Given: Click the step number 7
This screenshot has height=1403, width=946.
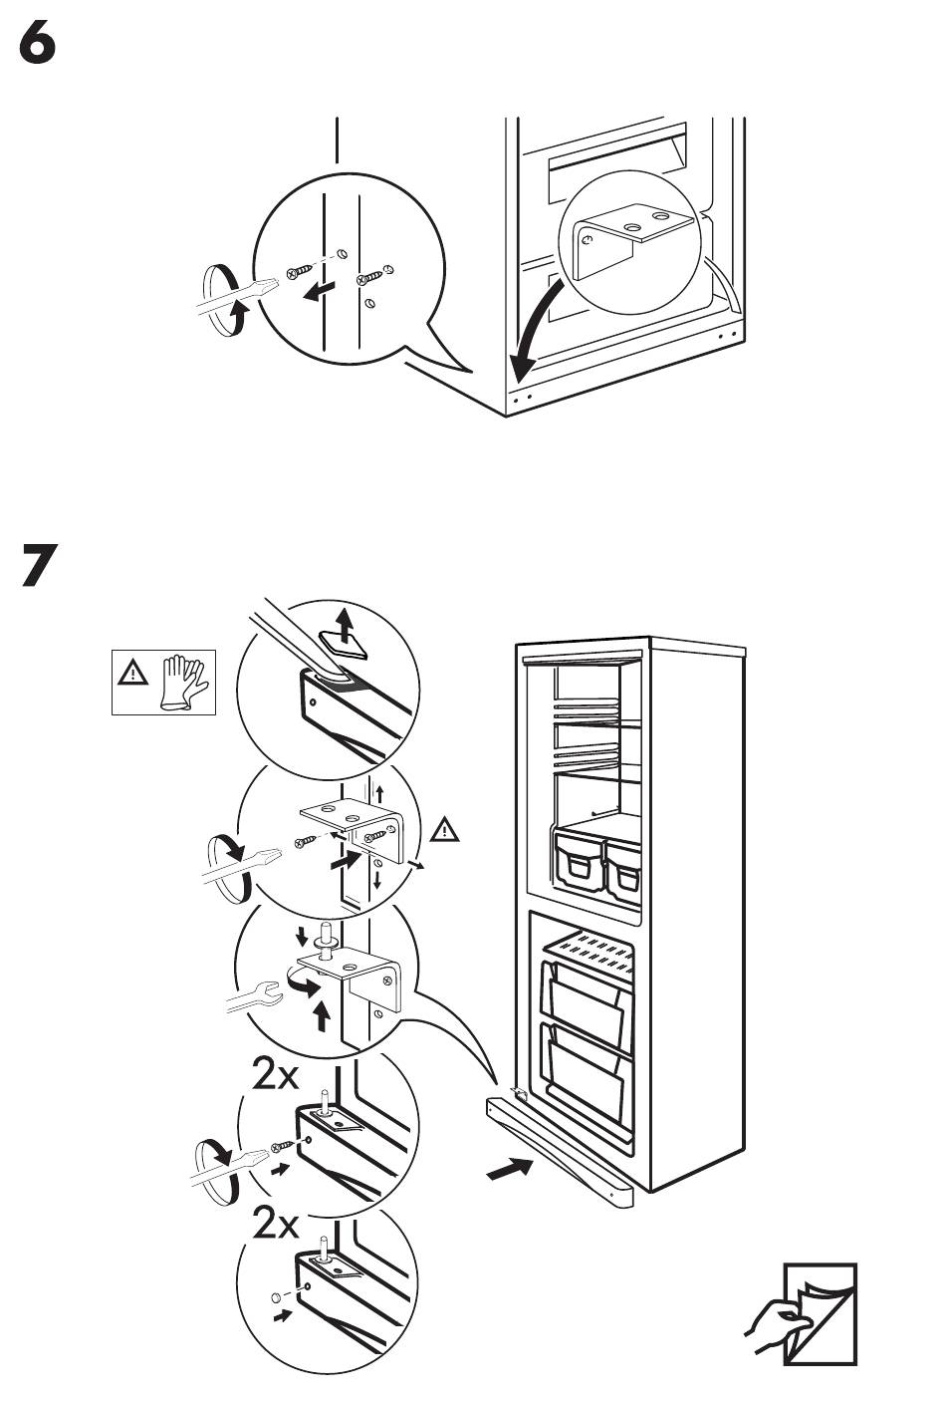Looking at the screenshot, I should pos(39,565).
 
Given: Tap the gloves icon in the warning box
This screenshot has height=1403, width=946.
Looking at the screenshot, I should pos(183,682).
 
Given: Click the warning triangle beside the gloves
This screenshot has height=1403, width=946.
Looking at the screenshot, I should pos(131,674).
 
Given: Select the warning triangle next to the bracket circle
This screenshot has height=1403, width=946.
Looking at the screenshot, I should pos(446,828).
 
